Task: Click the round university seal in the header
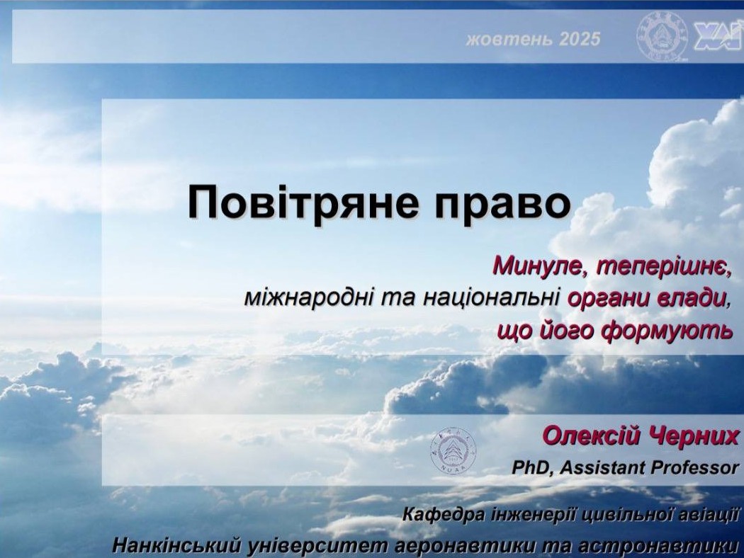[663, 36]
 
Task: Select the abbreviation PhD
[531, 468]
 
